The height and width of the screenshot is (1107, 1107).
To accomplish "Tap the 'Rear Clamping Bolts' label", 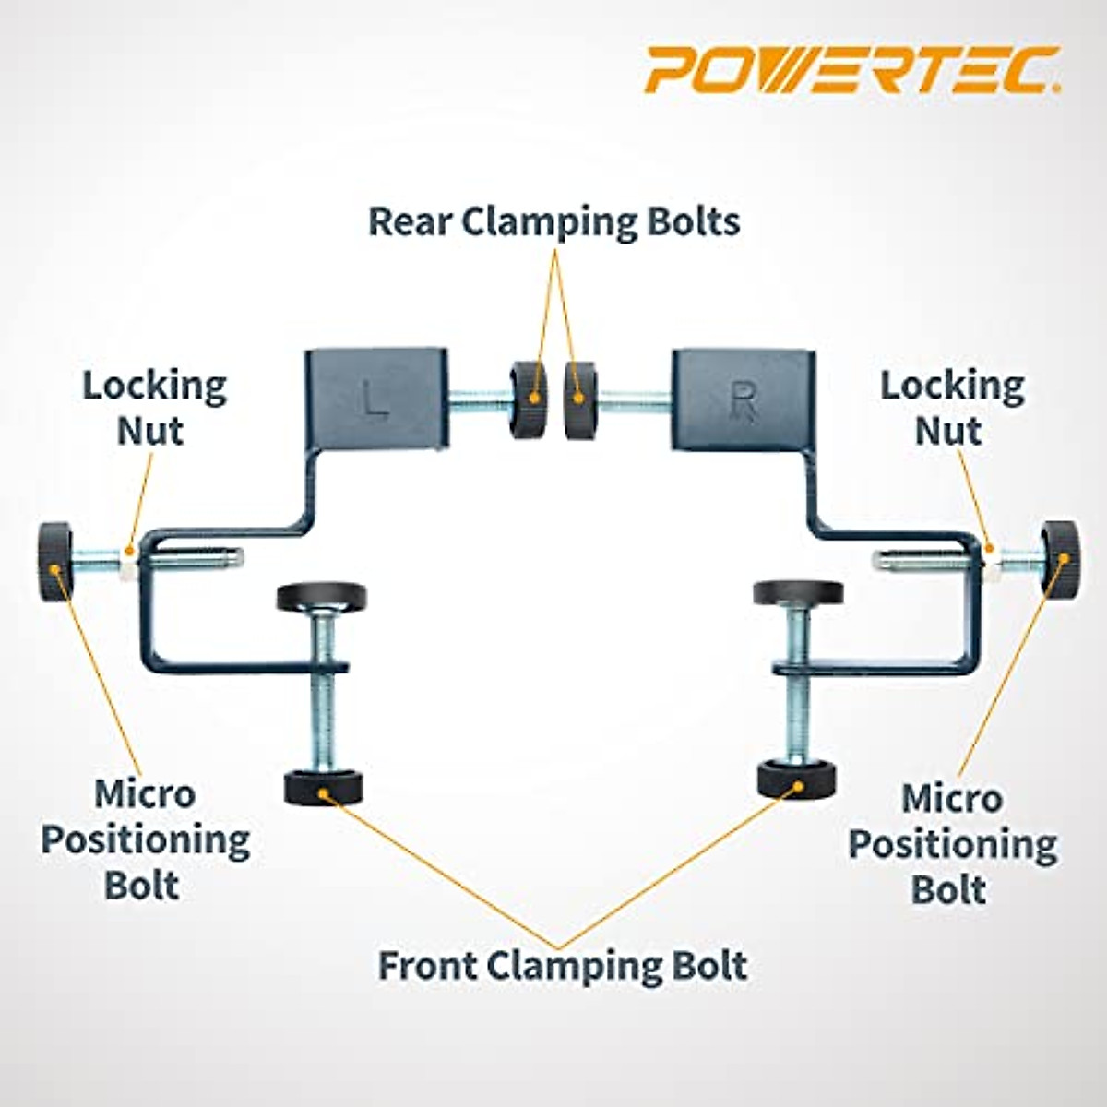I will (553, 222).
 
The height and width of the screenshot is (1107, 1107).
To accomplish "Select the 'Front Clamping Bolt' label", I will (563, 966).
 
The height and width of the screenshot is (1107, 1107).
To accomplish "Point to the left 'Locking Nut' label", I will (153, 409).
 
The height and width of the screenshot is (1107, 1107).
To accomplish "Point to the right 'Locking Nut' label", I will (951, 409).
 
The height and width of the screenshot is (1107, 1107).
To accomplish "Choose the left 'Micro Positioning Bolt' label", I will (146, 839).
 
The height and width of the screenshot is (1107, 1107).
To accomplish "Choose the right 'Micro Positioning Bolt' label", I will (952, 843).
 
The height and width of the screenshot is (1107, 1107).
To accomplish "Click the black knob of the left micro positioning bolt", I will (54, 551).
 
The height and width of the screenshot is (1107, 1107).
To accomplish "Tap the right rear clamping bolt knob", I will (578, 399).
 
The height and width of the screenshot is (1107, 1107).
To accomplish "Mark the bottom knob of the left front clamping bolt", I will (323, 787).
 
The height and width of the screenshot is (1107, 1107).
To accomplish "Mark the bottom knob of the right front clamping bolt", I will (796, 780).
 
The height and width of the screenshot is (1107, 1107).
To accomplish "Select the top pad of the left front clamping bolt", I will (321, 596).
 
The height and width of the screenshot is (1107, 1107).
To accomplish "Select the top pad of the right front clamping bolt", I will (798, 592).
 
